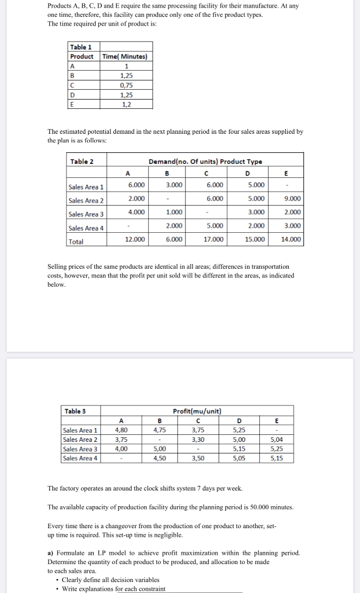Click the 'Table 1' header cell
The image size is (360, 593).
[x=80, y=47]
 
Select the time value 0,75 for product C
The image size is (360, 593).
[x=126, y=85]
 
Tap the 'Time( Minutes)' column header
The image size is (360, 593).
[x=126, y=56]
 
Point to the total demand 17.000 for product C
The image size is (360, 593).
[x=214, y=239]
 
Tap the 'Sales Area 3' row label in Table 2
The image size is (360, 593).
[x=86, y=214]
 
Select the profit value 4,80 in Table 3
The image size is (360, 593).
[x=122, y=430]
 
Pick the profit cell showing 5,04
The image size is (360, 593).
[x=277, y=440]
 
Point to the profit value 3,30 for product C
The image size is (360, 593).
[x=197, y=440]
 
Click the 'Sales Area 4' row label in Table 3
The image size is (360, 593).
[x=80, y=458]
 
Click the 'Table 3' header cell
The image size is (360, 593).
[x=76, y=411]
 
